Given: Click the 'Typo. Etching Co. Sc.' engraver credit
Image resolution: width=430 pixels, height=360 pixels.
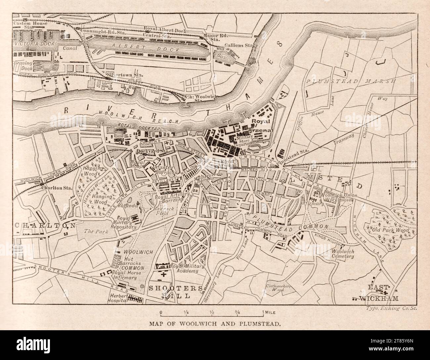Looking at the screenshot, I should pyautogui.click(x=392, y=308).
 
